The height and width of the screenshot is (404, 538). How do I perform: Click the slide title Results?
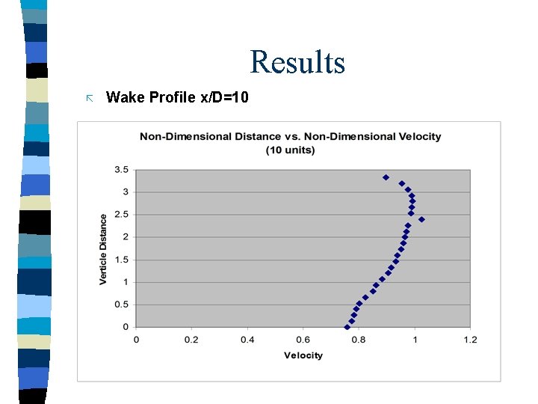tap(297, 62)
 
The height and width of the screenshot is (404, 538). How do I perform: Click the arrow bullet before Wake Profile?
tap(89, 98)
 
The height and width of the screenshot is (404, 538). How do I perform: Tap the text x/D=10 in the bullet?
tap(224, 97)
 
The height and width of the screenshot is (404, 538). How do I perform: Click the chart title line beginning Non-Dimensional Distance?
tap(290, 136)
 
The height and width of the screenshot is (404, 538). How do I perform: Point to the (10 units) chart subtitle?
tap(290, 150)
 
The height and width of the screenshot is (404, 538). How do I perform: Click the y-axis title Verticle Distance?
tap(103, 248)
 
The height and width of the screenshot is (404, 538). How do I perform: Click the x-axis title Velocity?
tap(303, 355)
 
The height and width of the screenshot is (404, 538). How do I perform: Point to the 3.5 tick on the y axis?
tap(121, 170)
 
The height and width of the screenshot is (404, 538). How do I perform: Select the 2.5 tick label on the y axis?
tap(121, 215)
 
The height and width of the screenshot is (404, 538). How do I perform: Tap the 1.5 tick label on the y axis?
tap(121, 260)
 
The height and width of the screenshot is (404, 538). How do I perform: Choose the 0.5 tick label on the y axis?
tap(121, 304)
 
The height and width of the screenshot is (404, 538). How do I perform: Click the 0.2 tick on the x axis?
tap(191, 340)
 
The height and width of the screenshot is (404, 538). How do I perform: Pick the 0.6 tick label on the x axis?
tap(303, 340)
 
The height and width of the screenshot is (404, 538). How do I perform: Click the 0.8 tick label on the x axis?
tap(359, 340)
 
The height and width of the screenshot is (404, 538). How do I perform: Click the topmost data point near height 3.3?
tap(386, 177)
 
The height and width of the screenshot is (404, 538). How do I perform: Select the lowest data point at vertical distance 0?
tap(347, 327)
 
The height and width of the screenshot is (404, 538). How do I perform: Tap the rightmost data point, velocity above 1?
tap(421, 219)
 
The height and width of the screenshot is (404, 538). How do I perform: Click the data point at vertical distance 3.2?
tap(401, 183)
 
